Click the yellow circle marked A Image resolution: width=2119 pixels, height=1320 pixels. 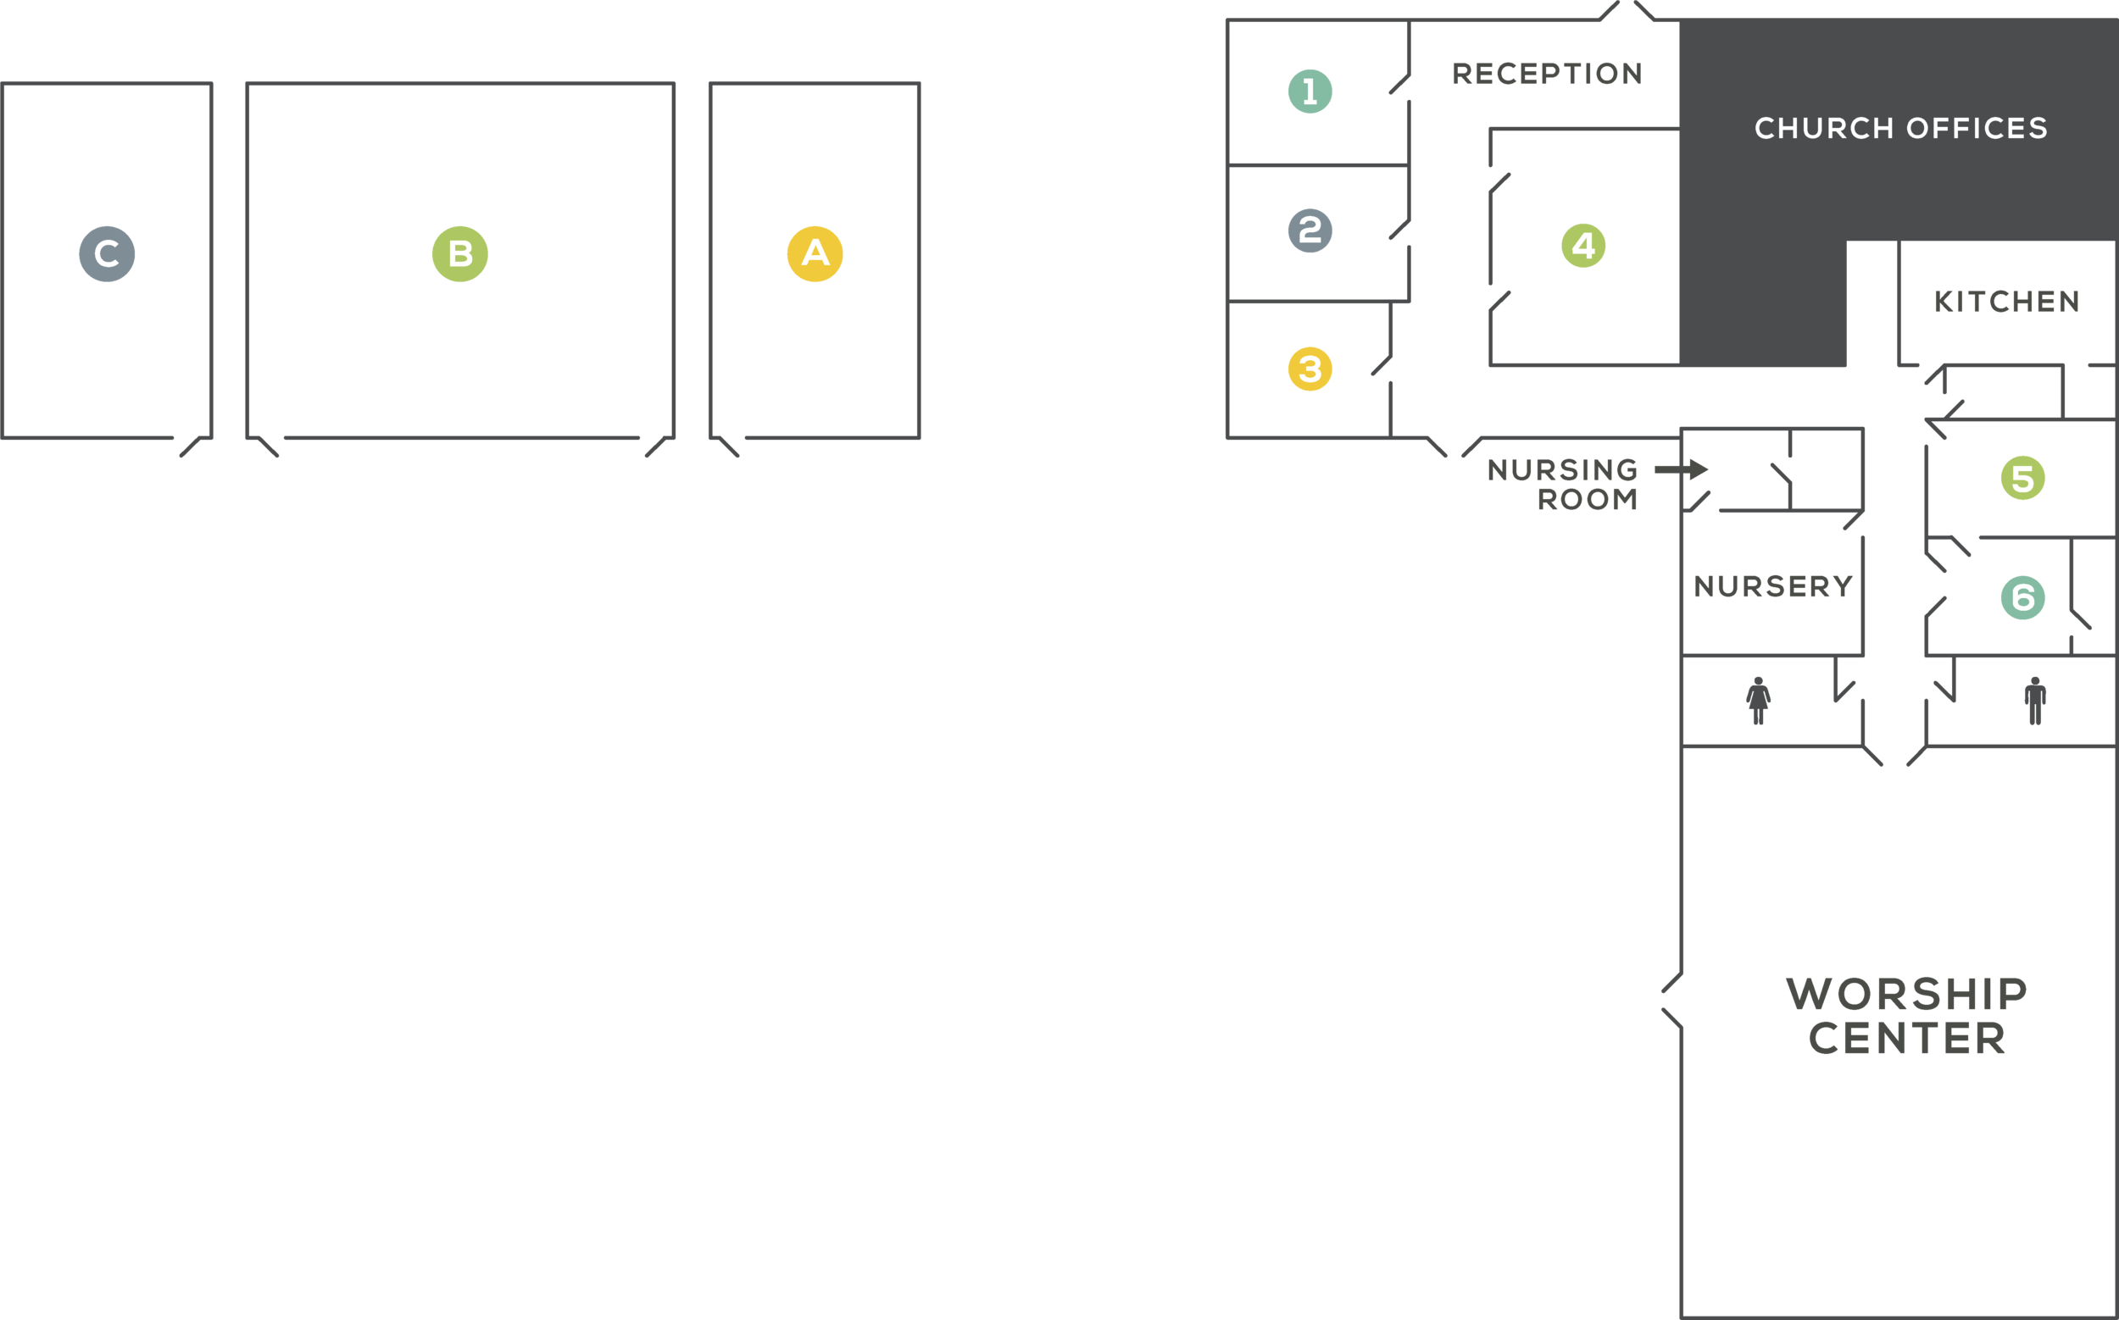[814, 254]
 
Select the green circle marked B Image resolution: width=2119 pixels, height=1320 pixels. [459, 254]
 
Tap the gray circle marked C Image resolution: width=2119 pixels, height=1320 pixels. [107, 254]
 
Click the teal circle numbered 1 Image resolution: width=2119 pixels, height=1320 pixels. [1310, 91]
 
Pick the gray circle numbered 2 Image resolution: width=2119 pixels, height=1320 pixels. [1310, 230]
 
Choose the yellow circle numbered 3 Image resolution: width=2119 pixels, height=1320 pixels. [1310, 369]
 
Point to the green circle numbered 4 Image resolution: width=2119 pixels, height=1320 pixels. [1582, 246]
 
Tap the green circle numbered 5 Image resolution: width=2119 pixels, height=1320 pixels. [2022, 479]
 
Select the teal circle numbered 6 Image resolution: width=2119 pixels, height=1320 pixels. [2022, 598]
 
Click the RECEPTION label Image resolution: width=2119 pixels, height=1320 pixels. [1547, 75]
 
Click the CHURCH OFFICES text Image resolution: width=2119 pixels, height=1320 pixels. [1900, 128]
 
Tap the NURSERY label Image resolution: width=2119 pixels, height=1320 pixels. [1773, 586]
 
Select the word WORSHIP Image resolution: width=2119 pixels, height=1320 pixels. [1906, 995]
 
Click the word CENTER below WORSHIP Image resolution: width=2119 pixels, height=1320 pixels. [1906, 1039]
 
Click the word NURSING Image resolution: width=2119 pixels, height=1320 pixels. [1562, 470]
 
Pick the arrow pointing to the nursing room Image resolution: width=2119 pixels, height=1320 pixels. [1682, 469]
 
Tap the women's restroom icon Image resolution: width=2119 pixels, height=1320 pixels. [1757, 701]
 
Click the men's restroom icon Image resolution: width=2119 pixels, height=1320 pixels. [2035, 701]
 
